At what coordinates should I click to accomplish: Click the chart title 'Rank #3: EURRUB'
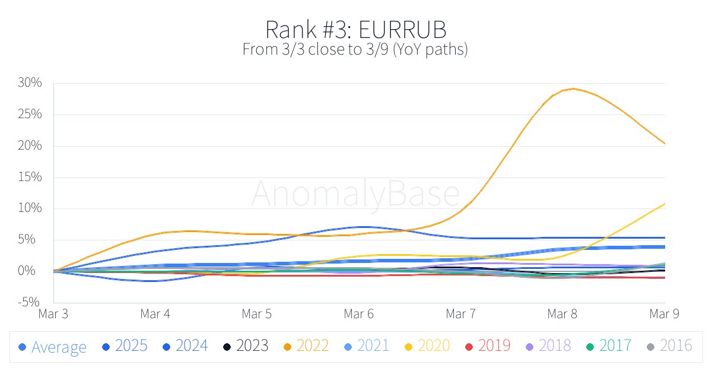pyautogui.click(x=355, y=29)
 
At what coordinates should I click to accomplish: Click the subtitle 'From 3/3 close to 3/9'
pyautogui.click(x=355, y=50)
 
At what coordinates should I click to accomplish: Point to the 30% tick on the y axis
pyautogui.click(x=30, y=83)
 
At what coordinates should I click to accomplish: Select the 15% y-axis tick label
pyautogui.click(x=30, y=178)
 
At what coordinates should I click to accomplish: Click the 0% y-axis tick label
pyautogui.click(x=34, y=271)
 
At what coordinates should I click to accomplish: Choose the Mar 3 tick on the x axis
pyautogui.click(x=53, y=313)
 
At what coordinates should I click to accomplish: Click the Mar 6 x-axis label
pyautogui.click(x=359, y=313)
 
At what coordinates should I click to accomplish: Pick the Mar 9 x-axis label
pyautogui.click(x=665, y=313)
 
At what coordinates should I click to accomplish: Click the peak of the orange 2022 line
pyautogui.click(x=573, y=88)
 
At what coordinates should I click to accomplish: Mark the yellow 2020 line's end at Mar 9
pyautogui.click(x=665, y=204)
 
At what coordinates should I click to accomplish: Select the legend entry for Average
pyautogui.click(x=52, y=347)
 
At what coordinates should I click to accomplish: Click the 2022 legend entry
pyautogui.click(x=309, y=346)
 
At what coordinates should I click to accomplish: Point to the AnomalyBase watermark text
pyautogui.click(x=355, y=194)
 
